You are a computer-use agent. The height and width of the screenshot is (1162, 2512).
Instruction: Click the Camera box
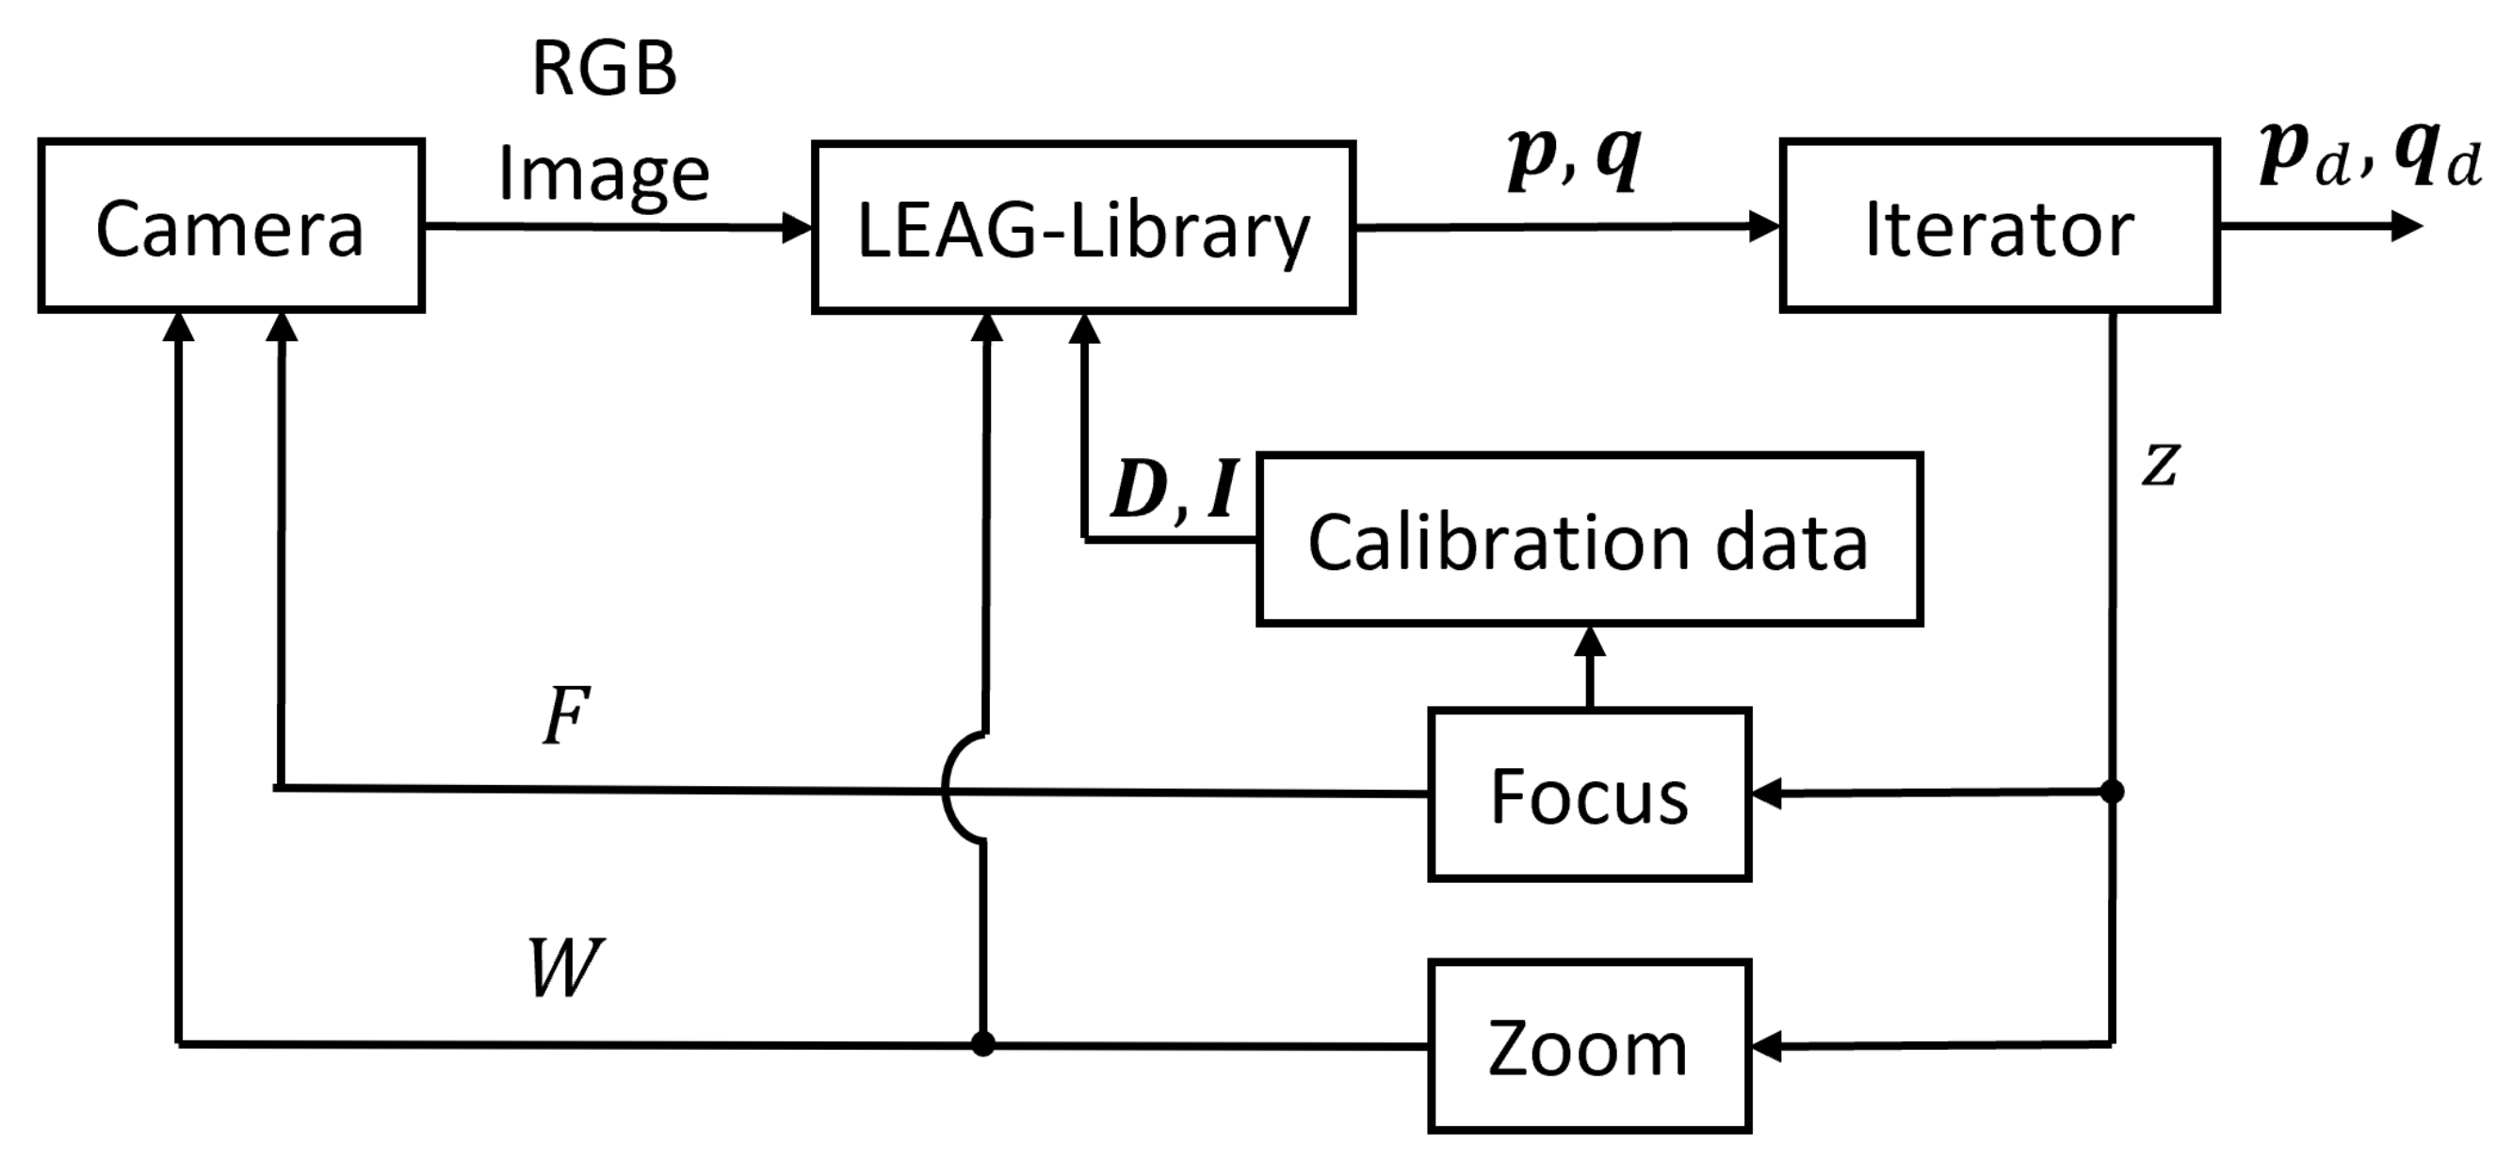click(230, 226)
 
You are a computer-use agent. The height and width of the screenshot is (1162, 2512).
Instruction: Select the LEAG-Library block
click(1082, 228)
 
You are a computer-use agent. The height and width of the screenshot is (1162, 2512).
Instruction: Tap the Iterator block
click(1999, 226)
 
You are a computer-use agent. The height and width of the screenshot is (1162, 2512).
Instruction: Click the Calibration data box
click(1589, 540)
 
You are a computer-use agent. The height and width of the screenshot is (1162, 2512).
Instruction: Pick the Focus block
click(1589, 795)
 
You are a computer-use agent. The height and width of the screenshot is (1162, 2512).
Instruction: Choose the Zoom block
click(1589, 1046)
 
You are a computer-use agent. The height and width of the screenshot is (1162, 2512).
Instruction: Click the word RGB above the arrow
click(604, 71)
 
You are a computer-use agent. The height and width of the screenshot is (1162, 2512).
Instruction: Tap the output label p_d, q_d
click(2370, 158)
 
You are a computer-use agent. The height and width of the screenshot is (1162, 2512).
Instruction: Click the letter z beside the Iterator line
click(2159, 465)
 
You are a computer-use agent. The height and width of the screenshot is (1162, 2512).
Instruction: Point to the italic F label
click(565, 716)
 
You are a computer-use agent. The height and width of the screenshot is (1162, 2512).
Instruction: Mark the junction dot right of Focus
click(2111, 792)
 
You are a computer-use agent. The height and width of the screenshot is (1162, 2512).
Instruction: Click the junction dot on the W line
click(983, 1044)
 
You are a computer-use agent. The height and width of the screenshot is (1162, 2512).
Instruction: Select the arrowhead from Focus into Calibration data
click(1590, 642)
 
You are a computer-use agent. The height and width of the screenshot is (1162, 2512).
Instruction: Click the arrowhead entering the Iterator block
click(1765, 226)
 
